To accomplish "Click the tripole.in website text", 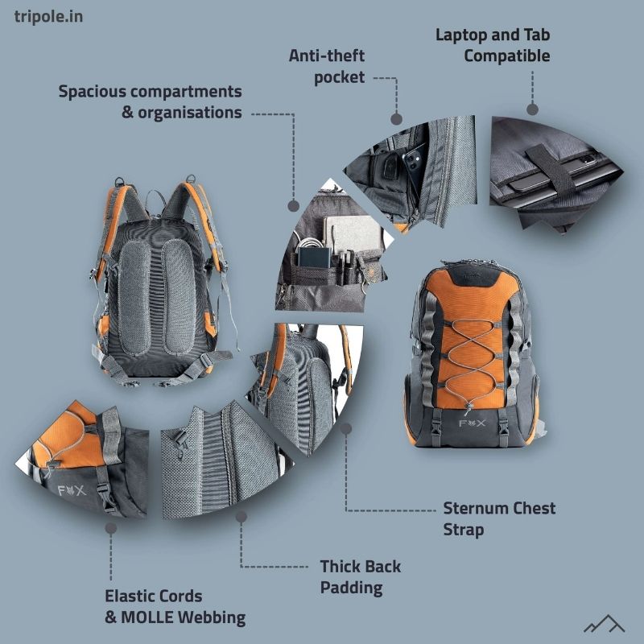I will pyautogui.click(x=48, y=16).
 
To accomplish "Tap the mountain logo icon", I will pyautogui.click(x=604, y=623).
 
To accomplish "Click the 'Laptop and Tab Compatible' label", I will pyautogui.click(x=493, y=45).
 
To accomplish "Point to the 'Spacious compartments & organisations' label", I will pyautogui.click(x=151, y=101).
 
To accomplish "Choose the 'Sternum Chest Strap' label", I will pyautogui.click(x=499, y=519).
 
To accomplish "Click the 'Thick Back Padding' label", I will pyautogui.click(x=360, y=576).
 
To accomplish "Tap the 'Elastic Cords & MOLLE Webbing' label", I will pyautogui.click(x=175, y=607).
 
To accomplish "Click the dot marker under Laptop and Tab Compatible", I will pyautogui.click(x=531, y=109).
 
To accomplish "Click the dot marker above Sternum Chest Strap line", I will pyautogui.click(x=346, y=429).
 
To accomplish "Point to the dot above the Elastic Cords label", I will pyautogui.click(x=110, y=528).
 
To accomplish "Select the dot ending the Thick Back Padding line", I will pyautogui.click(x=241, y=517).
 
